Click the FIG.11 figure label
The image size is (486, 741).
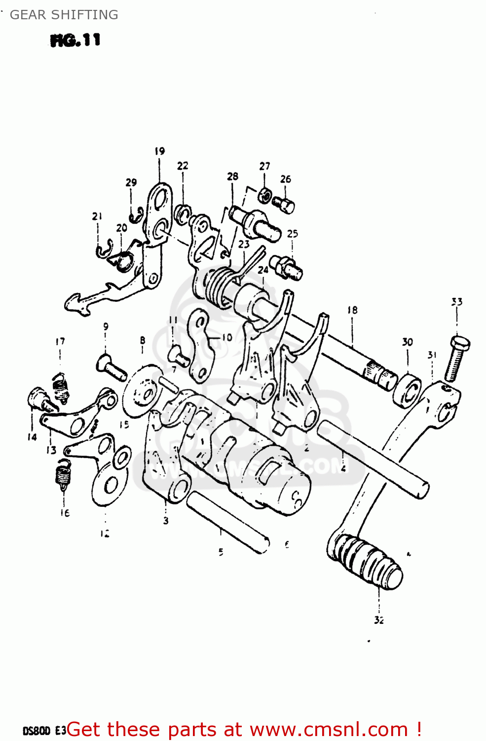[x=75, y=40]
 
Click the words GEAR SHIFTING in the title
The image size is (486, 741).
[x=64, y=15]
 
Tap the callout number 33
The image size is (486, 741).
[x=457, y=302]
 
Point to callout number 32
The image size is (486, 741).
[x=378, y=620]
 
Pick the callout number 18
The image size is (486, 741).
[x=352, y=310]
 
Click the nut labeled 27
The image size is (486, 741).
[x=264, y=196]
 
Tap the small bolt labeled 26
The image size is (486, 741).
[x=284, y=204]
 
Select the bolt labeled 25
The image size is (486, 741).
[x=286, y=267]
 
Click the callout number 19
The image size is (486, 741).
[x=159, y=151]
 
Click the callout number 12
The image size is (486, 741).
[x=105, y=534]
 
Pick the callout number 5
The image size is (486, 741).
[x=221, y=552]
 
